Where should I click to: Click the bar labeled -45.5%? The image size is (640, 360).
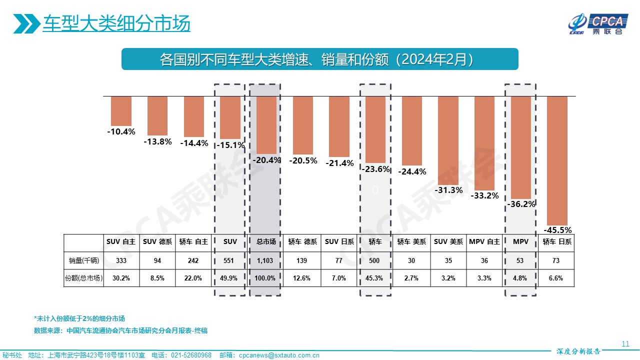click(557, 160)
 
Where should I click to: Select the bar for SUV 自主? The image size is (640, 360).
click(121, 110)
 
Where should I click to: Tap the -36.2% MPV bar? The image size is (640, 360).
click(520, 147)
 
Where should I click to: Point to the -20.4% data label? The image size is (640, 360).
click(266, 160)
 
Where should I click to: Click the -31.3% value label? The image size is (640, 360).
click(448, 190)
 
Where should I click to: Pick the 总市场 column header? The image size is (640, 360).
click(266, 241)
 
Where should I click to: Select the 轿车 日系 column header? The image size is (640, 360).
click(557, 241)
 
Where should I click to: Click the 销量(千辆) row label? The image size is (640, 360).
click(83, 260)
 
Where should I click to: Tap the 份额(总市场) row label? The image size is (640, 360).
click(83, 278)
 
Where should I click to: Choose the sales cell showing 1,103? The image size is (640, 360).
click(266, 260)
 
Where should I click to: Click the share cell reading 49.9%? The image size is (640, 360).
click(230, 278)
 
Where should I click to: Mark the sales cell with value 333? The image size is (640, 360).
click(121, 260)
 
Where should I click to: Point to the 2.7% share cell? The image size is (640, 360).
click(411, 278)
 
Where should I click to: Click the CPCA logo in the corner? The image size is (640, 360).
click(597, 24)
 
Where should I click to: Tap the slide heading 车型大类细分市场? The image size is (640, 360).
click(116, 23)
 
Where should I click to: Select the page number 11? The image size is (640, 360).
click(625, 343)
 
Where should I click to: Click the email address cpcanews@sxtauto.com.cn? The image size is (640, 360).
click(279, 355)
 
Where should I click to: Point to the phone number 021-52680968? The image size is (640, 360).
click(191, 355)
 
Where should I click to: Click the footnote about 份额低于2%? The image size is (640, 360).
click(79, 318)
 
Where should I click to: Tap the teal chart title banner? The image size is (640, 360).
click(320, 59)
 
